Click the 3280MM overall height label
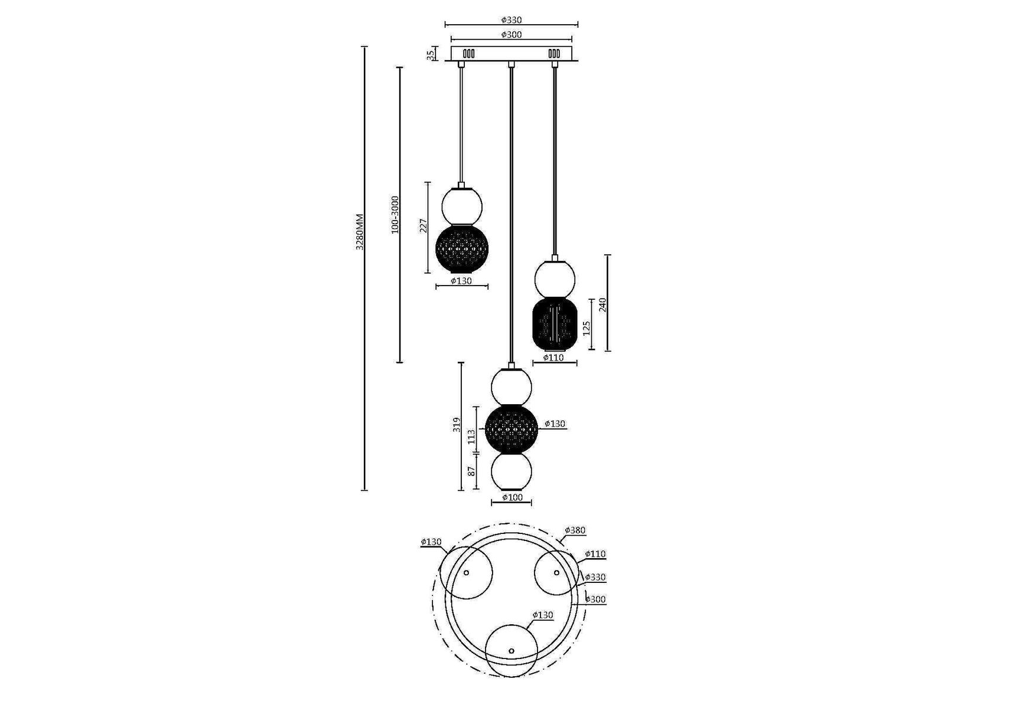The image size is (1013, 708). tap(360, 231)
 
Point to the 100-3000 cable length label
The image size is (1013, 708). tap(395, 215)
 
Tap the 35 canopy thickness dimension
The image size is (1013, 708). tap(431, 54)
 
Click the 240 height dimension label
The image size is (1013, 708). tap(602, 304)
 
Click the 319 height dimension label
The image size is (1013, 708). tap(455, 424)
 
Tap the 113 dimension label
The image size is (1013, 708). tap(471, 437)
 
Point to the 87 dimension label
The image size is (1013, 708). tap(471, 471)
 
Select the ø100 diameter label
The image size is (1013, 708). tap(512, 497)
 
